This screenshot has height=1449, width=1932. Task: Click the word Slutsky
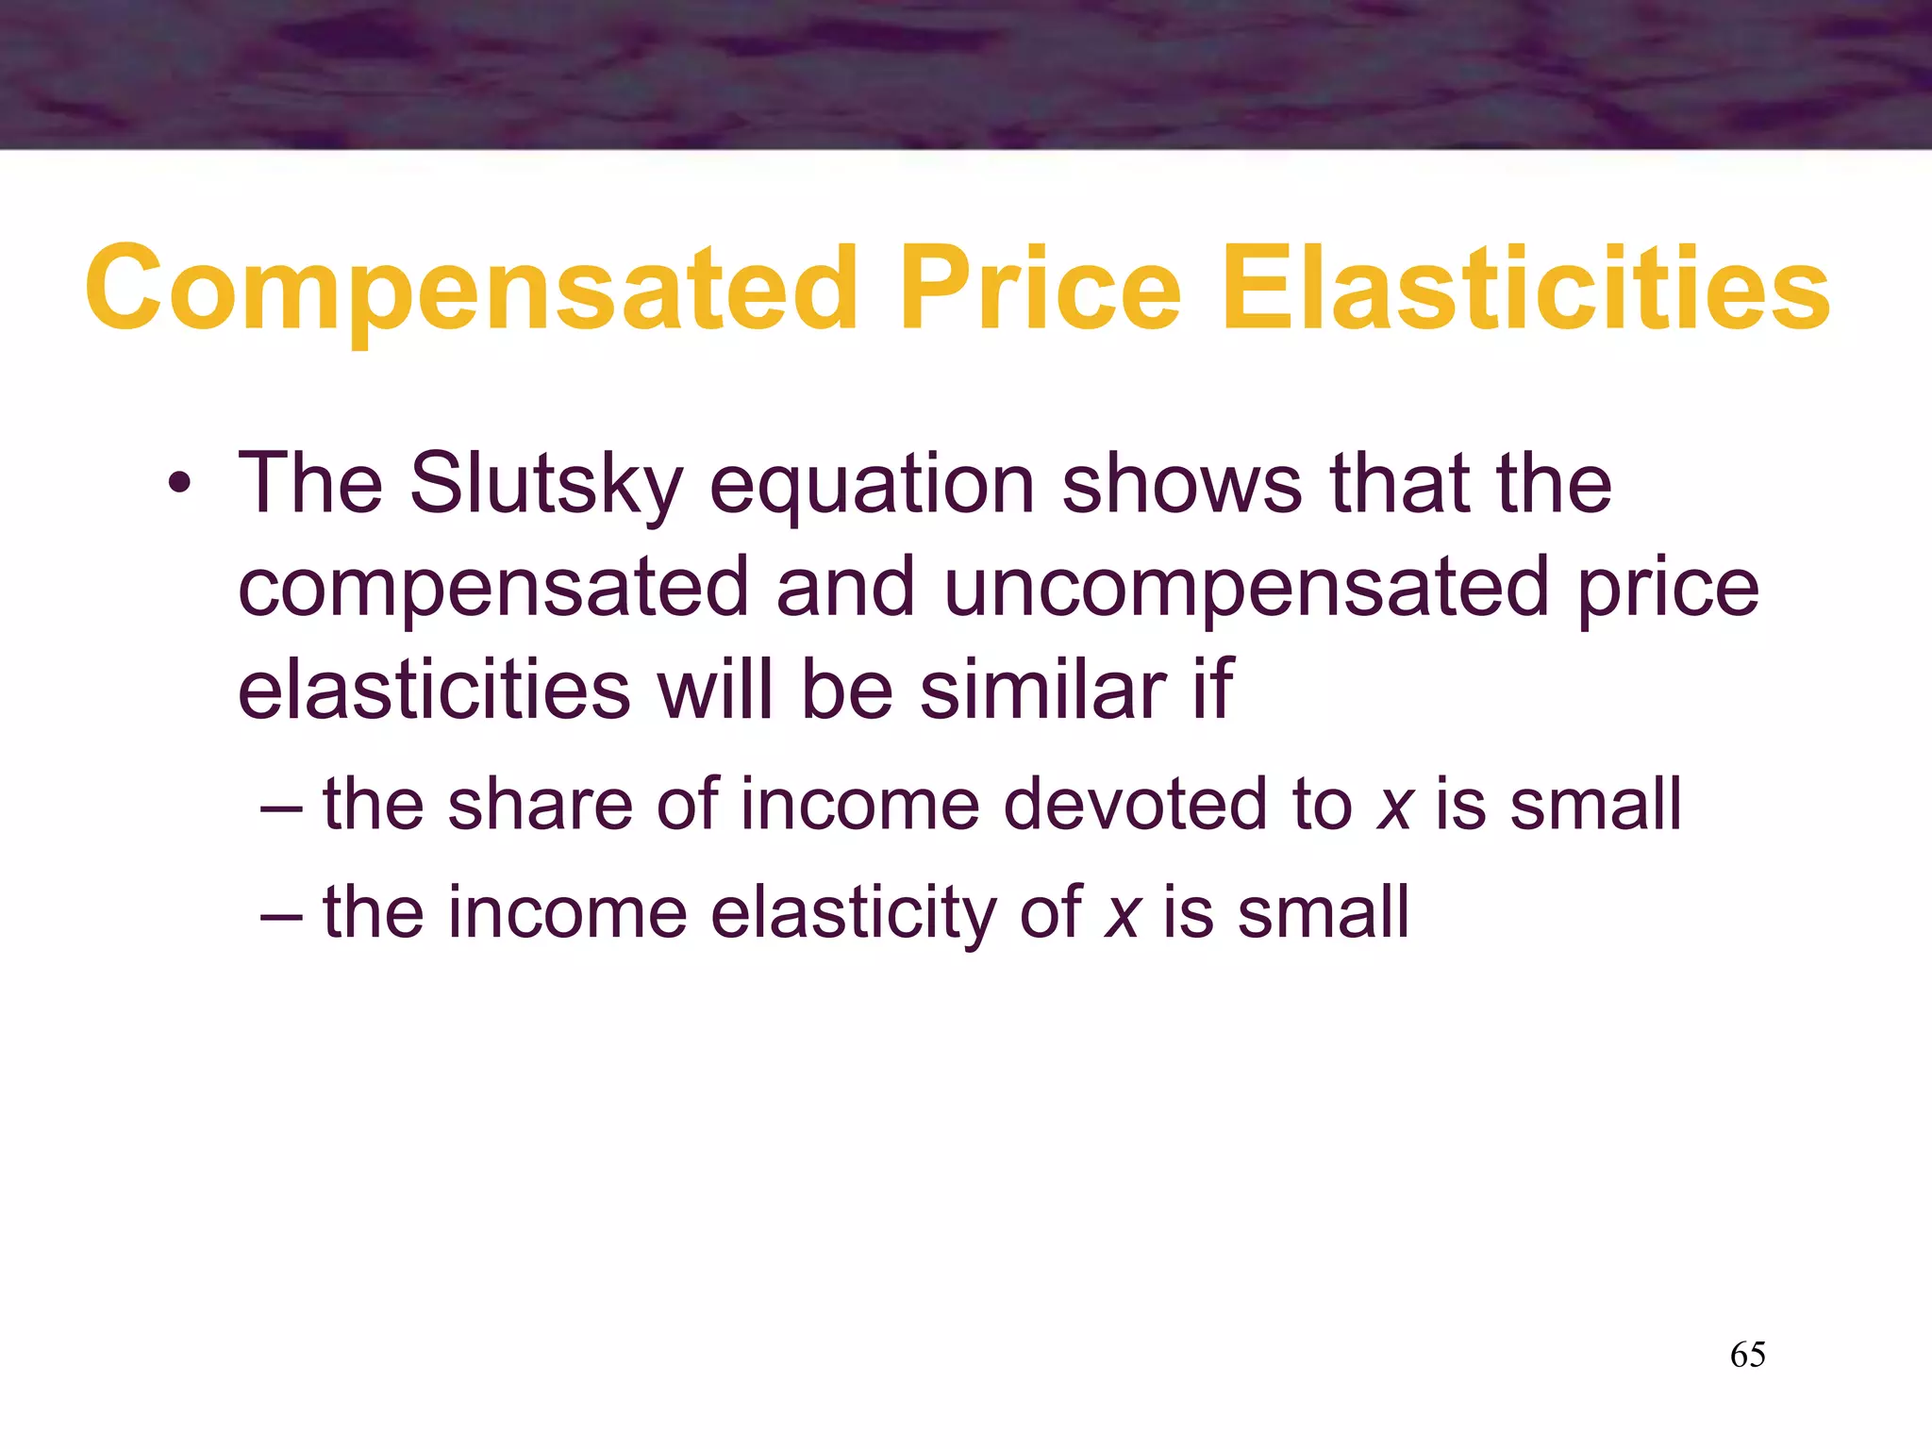coord(546,485)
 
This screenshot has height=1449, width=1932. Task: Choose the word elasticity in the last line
coord(853,913)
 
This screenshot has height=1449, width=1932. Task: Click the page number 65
coord(1748,1355)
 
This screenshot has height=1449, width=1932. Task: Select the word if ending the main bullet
coord(1212,690)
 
